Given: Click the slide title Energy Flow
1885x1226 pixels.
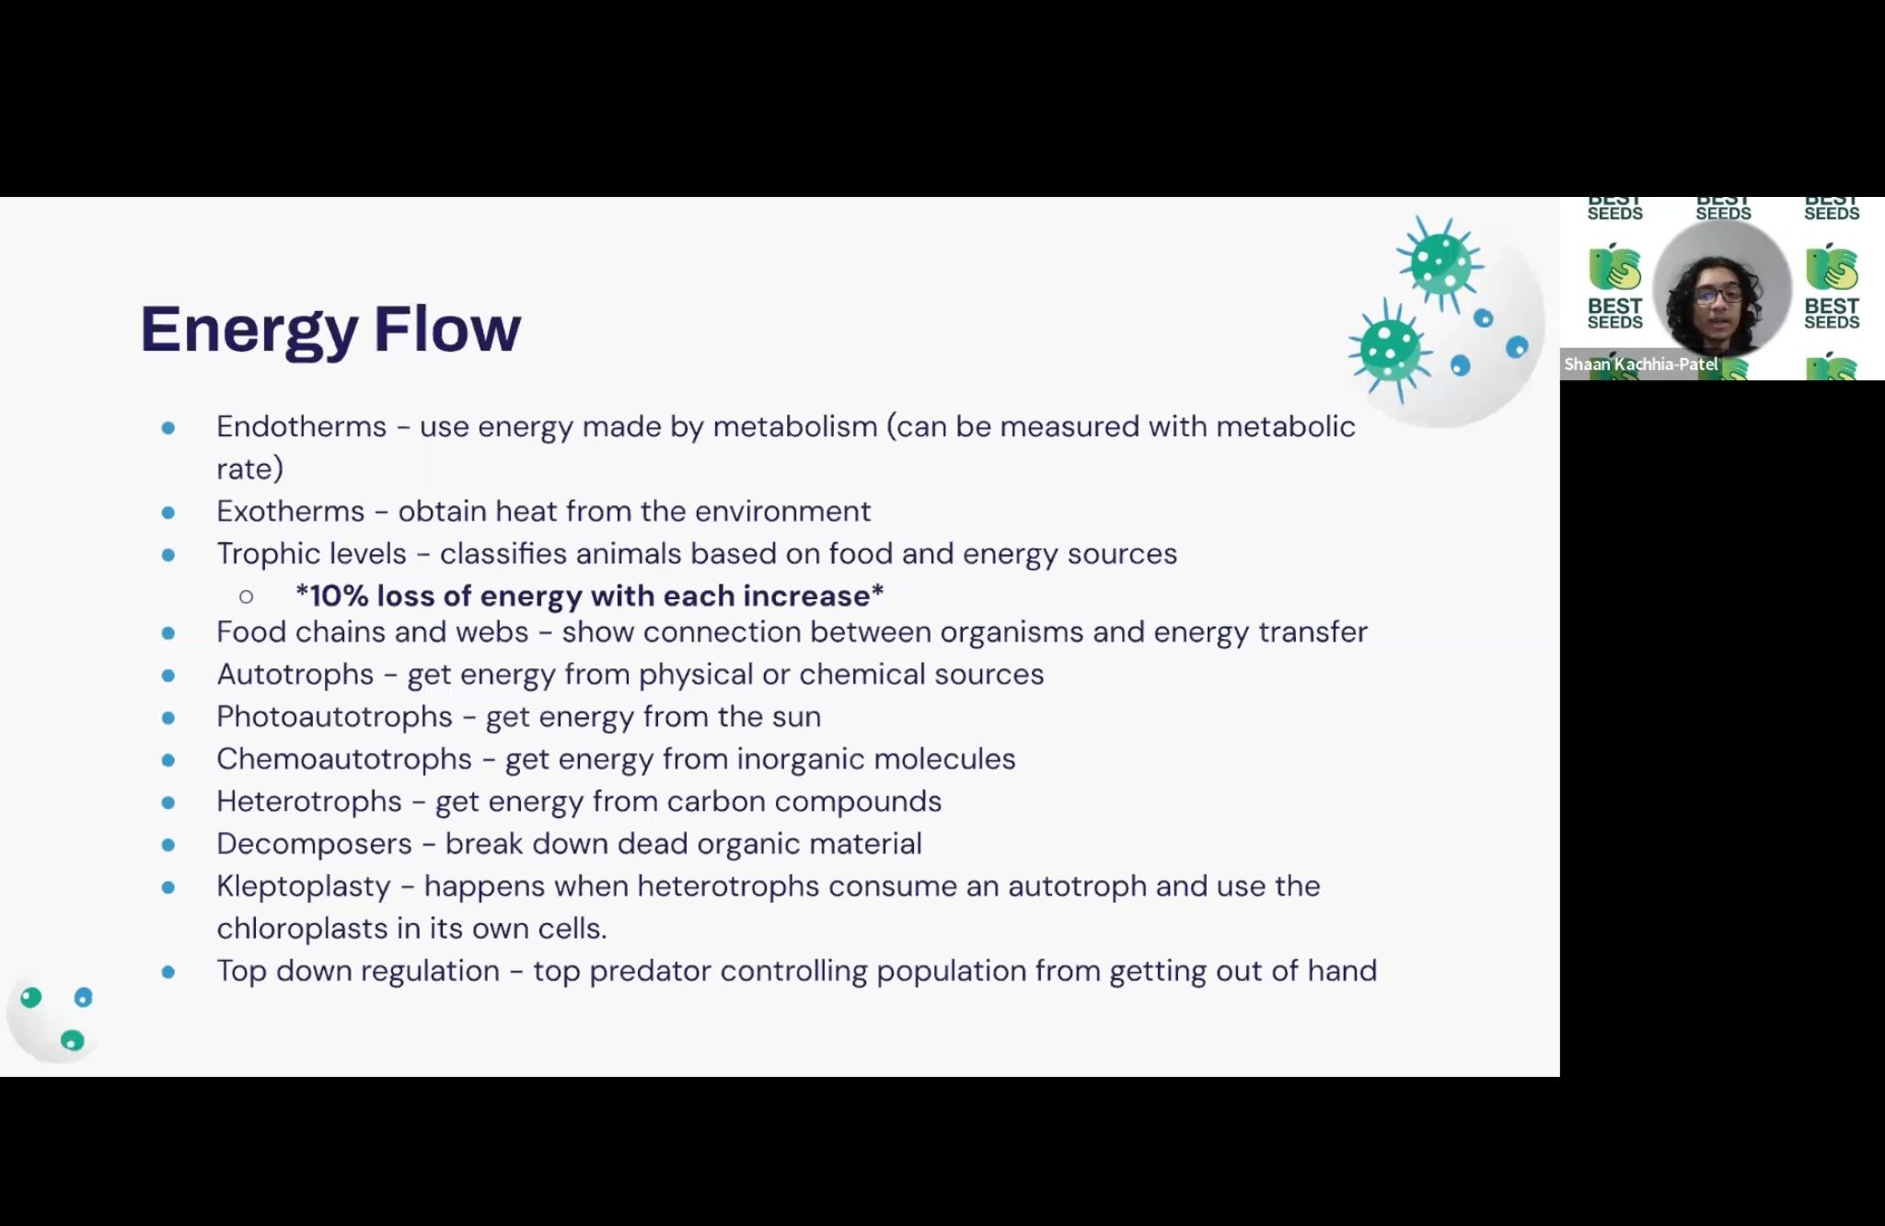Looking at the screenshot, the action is [330, 330].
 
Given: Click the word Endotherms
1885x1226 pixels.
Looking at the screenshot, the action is [302, 426].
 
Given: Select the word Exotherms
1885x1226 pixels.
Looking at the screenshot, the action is [291, 511].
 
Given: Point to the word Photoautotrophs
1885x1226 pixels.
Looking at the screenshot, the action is [335, 716].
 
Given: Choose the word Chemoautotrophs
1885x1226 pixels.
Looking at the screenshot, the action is [344, 758].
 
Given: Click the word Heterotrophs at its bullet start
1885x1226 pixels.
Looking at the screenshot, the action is [309, 801].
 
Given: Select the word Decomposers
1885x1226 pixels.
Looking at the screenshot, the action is [314, 844].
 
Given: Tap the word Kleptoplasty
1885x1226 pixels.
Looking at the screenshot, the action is [304, 886].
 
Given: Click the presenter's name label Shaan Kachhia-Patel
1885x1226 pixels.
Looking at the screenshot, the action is [1641, 364].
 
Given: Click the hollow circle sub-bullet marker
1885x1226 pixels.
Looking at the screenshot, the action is [246, 596].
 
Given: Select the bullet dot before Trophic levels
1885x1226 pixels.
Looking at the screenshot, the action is [168, 554].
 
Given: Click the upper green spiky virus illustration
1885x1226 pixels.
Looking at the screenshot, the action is [1440, 263].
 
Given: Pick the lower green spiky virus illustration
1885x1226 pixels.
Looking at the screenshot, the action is [1391, 350].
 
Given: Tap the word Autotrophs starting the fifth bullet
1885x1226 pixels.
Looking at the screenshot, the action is [295, 674].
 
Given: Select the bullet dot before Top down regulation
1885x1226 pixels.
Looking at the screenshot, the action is [168, 971].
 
